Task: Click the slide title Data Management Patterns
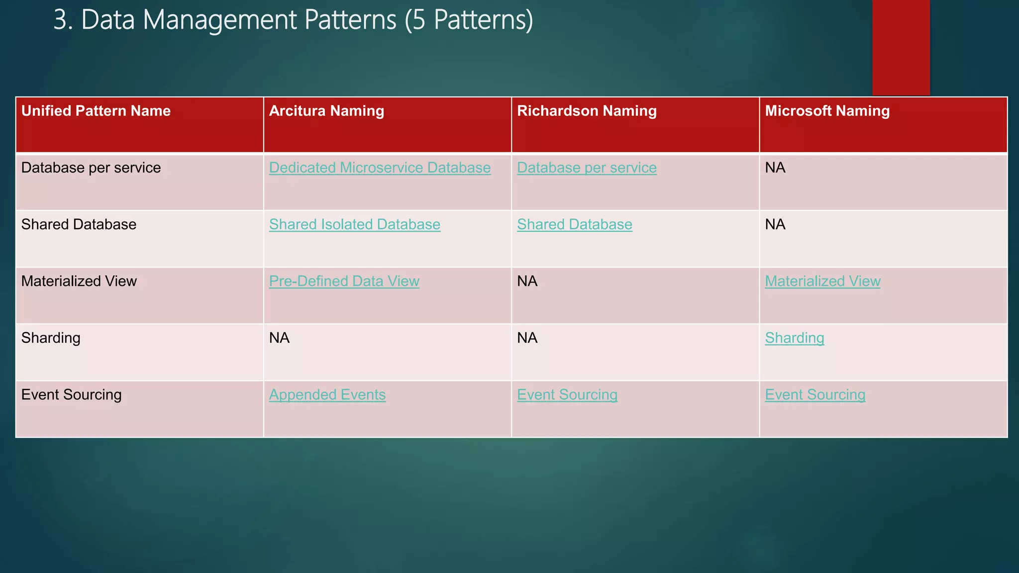(x=293, y=20)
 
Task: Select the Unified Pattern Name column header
(x=96, y=111)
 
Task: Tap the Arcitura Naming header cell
(x=326, y=111)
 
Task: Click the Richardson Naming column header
(x=587, y=111)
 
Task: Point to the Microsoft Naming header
(x=827, y=111)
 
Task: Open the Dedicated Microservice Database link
(x=380, y=168)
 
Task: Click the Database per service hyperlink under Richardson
(x=587, y=168)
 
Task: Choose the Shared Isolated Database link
(x=354, y=225)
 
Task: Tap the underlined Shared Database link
(x=574, y=225)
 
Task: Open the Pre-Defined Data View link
(x=344, y=282)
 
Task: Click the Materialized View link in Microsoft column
(x=822, y=282)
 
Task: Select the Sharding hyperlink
(x=794, y=338)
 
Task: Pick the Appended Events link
(x=327, y=395)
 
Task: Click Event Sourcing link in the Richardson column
(x=567, y=395)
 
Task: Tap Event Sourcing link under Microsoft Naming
(x=815, y=395)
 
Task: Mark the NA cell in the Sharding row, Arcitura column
(x=279, y=338)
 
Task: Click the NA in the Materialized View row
(x=527, y=282)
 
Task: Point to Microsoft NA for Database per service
(x=775, y=168)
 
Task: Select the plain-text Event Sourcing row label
(x=71, y=395)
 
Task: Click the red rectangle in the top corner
(x=901, y=47)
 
